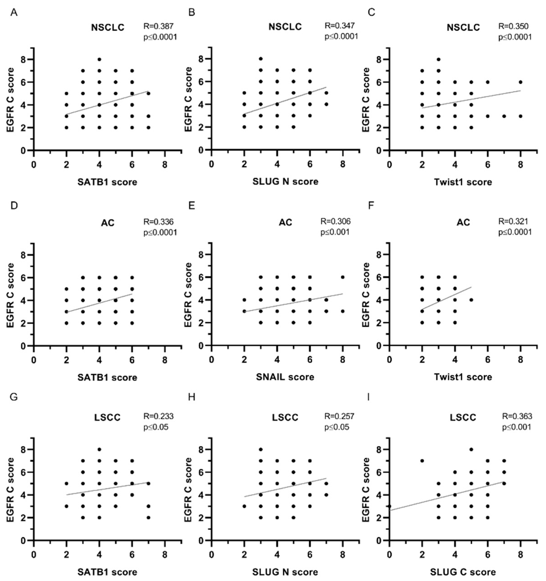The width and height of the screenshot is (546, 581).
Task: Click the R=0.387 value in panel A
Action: [158, 26]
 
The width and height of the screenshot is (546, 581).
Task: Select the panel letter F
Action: [371, 206]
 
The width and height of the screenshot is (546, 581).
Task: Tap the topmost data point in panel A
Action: [100, 59]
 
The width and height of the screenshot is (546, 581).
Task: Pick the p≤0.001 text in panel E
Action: [335, 232]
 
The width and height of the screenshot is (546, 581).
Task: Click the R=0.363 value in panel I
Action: [517, 416]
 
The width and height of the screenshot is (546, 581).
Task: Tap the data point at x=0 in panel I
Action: [389, 506]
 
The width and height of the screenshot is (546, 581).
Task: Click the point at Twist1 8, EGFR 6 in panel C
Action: [520, 82]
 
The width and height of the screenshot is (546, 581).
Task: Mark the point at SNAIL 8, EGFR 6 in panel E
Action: [342, 277]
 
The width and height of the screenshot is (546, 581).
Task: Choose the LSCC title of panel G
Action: [107, 417]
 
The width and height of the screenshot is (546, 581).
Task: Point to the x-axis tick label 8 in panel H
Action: [342, 554]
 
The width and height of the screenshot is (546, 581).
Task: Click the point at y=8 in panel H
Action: [261, 449]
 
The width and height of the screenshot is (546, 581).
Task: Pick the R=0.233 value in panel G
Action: [158, 416]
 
